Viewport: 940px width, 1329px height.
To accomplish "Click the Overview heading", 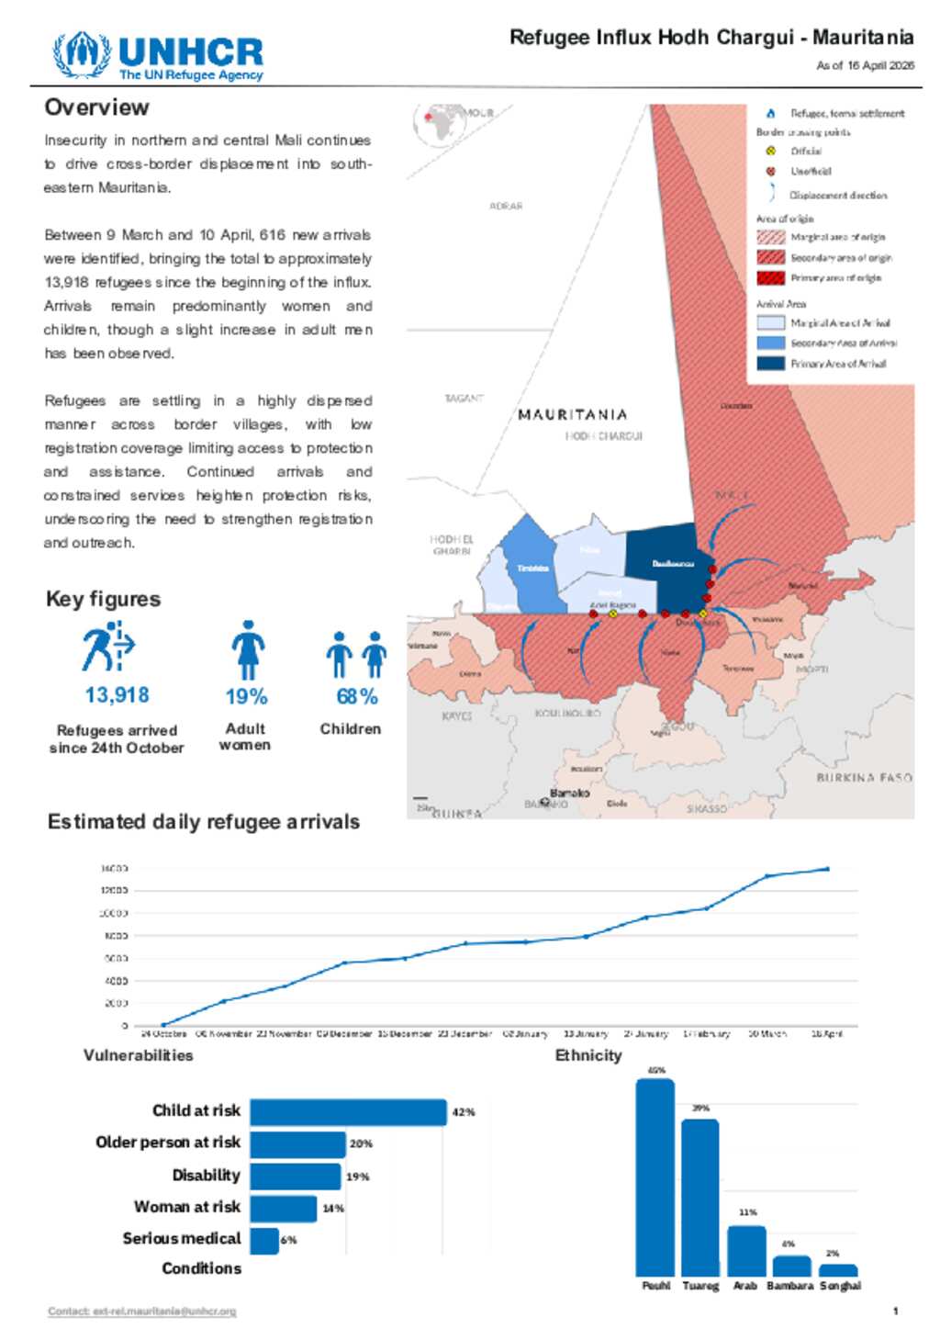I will click(96, 107).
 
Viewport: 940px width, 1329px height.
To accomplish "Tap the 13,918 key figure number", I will click(117, 695).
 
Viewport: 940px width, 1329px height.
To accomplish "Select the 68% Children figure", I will click(356, 696).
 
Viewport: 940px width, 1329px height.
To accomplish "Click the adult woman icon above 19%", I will click(247, 649).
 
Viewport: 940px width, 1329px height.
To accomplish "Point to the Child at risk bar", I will click(348, 1112).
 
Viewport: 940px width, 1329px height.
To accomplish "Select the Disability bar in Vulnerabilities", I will click(296, 1177).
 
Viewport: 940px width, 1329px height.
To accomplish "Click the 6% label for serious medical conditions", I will click(288, 1240).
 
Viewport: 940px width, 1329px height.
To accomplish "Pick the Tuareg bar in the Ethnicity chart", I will click(700, 1197).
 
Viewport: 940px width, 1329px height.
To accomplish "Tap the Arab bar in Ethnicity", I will click(746, 1250).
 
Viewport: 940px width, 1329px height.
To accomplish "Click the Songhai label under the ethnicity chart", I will click(840, 1286).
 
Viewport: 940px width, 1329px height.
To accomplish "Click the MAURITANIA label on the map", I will click(572, 415).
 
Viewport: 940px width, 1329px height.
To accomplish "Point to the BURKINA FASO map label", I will click(864, 778).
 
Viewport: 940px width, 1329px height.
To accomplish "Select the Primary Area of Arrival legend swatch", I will click(770, 364).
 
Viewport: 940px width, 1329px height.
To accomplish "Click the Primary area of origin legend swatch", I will click(770, 278).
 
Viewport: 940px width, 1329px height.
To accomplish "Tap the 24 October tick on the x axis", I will click(163, 1033).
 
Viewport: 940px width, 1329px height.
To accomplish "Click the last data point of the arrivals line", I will click(827, 869).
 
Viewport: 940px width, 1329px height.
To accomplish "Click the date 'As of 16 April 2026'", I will click(865, 65).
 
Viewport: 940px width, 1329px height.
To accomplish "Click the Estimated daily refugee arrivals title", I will click(203, 822).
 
